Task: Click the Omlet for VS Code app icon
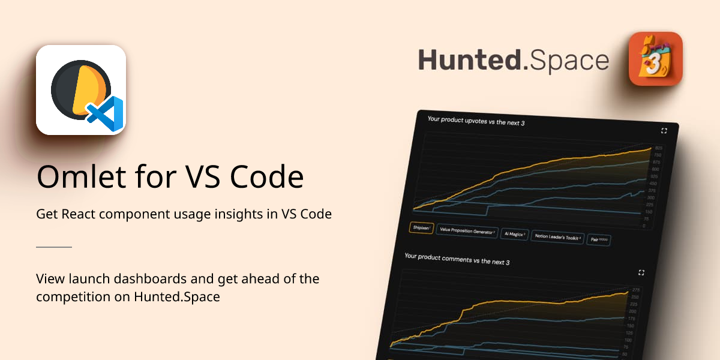coord(81,90)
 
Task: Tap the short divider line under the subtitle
coord(54,247)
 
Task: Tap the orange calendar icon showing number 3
coord(655,59)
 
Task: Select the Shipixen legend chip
coord(421,227)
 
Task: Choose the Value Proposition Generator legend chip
coord(467,231)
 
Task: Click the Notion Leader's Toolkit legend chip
coord(558,237)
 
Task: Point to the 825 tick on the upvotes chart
coord(658,148)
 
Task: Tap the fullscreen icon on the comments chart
coord(641,273)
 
